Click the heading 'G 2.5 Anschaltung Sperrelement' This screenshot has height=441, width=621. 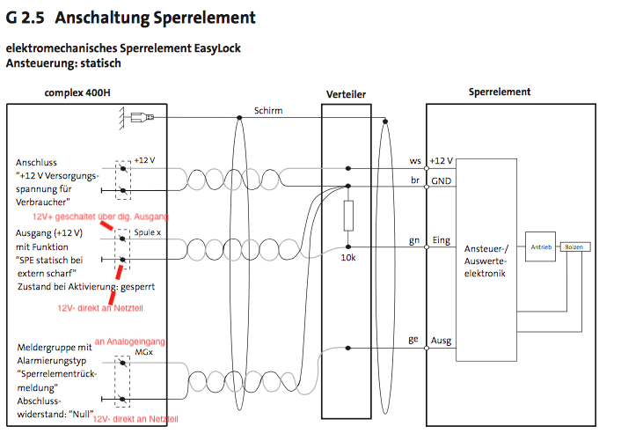pyautogui.click(x=131, y=17)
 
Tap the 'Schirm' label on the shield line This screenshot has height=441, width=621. pyautogui.click(x=268, y=111)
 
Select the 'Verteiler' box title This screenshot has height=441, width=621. pyautogui.click(x=346, y=94)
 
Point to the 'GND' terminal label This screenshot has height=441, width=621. pyautogui.click(x=442, y=180)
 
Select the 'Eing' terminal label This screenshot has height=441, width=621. pyautogui.click(x=441, y=240)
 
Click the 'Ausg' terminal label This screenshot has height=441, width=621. pyautogui.click(x=442, y=341)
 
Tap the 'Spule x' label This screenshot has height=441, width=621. pyautogui.click(x=148, y=232)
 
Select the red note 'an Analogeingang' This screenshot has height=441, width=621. pyautogui.click(x=130, y=341)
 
